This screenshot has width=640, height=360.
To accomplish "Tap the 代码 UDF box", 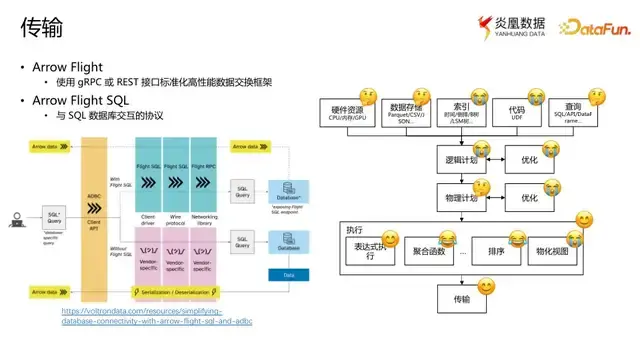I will pos(516,113).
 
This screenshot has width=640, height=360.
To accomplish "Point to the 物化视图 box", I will pos(550,253).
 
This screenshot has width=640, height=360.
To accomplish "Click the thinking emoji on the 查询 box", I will pos(596,98).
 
